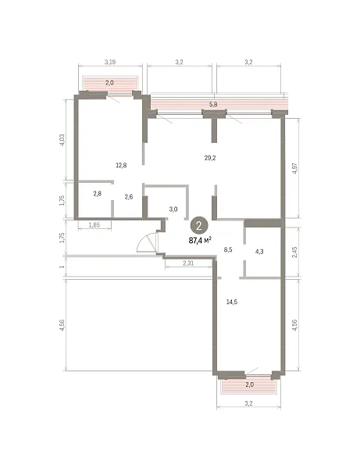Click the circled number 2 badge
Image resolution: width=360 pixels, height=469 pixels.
[x=199, y=225]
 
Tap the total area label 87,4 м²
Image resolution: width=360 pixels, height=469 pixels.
[x=201, y=240]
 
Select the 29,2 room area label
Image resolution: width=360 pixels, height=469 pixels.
[x=210, y=158]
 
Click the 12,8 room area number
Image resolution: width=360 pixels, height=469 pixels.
[x=121, y=165]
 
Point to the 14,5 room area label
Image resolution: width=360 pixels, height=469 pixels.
[x=232, y=302]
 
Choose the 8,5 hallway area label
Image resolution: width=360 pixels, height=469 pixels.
[x=228, y=249]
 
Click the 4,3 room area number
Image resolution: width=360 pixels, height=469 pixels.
[x=259, y=252]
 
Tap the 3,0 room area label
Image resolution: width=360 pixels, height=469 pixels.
[x=173, y=209]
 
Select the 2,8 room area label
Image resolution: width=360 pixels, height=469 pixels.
[x=97, y=194]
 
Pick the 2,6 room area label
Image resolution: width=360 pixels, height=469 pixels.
[x=129, y=197]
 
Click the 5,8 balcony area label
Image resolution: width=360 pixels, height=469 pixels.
[x=213, y=105]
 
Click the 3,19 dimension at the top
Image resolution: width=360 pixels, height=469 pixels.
[x=110, y=62]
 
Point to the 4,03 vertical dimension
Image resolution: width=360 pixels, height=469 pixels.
[x=62, y=140]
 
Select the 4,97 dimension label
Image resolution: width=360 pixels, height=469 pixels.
[x=295, y=168]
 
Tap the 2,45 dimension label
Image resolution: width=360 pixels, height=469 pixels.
[x=295, y=252]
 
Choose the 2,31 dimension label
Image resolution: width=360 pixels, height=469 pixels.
[x=188, y=263]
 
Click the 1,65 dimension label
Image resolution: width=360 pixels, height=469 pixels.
[x=94, y=225]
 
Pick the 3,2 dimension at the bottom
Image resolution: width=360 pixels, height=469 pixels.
[x=248, y=403]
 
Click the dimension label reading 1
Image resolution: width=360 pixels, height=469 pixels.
[x=62, y=266]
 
